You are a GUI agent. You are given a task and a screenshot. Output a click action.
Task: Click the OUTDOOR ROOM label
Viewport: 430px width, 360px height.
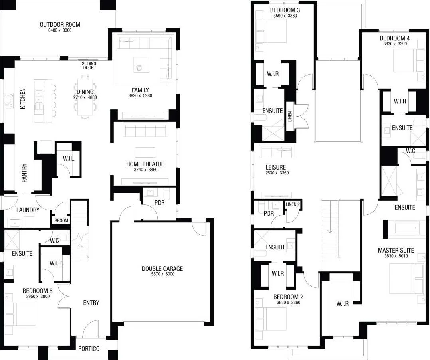[x=59, y=25]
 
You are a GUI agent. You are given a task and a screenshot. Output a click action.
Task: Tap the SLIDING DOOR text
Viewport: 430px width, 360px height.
[x=88, y=65]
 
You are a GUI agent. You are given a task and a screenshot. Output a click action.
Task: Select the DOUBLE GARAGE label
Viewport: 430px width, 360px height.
[x=162, y=269]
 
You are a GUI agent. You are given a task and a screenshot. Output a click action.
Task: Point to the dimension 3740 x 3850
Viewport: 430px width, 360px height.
[x=145, y=170]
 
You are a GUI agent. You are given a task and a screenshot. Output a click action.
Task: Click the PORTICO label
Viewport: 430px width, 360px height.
[x=89, y=349]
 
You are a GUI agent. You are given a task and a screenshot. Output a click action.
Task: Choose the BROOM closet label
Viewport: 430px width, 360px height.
[x=61, y=220]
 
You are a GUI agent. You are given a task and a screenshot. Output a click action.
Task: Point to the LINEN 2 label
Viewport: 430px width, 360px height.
[x=293, y=204]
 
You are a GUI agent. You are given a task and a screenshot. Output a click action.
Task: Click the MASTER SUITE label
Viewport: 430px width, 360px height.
[x=396, y=251]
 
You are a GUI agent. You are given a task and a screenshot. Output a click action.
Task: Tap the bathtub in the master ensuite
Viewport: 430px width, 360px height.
[x=406, y=227]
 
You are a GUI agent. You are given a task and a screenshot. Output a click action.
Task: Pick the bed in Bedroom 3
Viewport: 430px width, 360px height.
[x=271, y=31]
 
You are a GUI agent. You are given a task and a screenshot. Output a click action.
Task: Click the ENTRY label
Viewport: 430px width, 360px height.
[x=91, y=303]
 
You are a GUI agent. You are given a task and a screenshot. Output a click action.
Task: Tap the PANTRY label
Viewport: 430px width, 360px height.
[x=24, y=173]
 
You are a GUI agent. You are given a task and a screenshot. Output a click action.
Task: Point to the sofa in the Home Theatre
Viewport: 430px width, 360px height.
[x=145, y=131]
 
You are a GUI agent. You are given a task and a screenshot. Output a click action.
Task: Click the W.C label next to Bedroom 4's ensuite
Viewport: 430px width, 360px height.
[x=411, y=151]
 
